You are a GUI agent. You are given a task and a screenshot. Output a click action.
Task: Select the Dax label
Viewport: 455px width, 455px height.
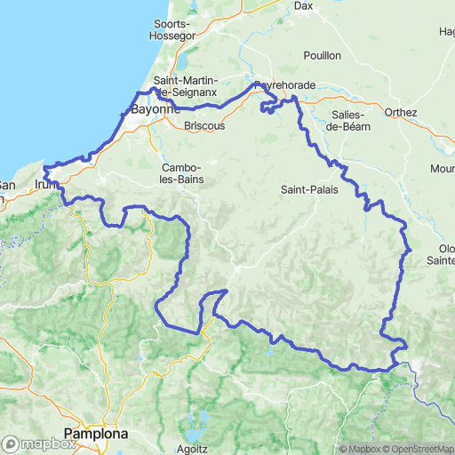(304, 5)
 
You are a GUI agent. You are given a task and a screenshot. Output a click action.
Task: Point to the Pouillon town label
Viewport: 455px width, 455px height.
(322, 55)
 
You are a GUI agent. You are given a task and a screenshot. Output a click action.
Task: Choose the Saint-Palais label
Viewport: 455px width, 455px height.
(308, 189)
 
